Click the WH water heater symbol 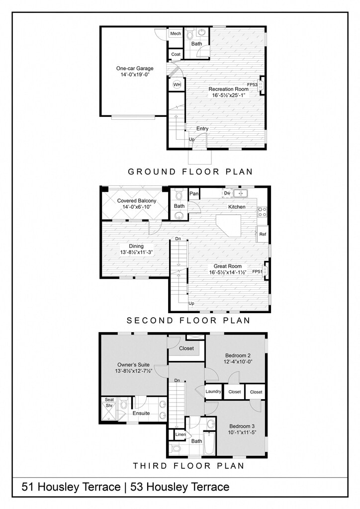point(177,85)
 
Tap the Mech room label point(176,33)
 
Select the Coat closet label point(176,54)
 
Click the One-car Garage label point(135,69)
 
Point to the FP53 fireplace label point(252,85)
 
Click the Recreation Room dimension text point(229,95)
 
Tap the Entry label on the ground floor point(202,129)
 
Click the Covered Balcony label point(137,201)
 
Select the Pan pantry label point(194,193)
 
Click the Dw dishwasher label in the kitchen point(227,193)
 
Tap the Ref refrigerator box point(263,234)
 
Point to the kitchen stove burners point(262,212)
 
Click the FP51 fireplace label point(257,272)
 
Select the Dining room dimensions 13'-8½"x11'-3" point(136,252)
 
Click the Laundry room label point(213,392)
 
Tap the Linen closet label point(180,434)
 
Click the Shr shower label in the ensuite point(109,406)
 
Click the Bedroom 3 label point(242,426)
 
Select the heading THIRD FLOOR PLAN point(188,466)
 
